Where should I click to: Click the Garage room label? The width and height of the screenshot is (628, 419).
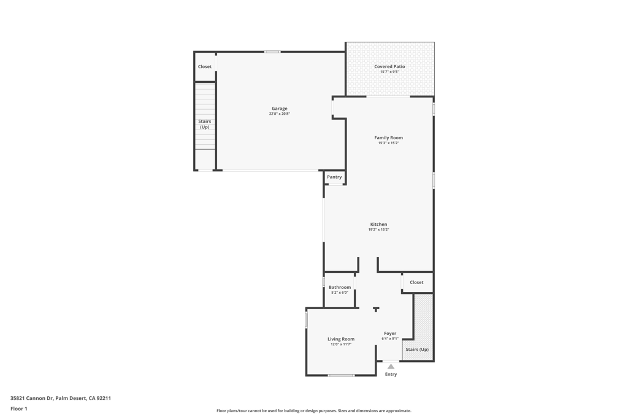pyautogui.click(x=280, y=109)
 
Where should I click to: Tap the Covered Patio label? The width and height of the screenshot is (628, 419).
pyautogui.click(x=389, y=66)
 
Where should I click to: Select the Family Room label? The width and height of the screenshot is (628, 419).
pyautogui.click(x=388, y=138)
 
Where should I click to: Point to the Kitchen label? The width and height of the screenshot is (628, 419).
pyautogui.click(x=378, y=225)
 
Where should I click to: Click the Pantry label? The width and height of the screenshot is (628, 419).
pyautogui.click(x=334, y=177)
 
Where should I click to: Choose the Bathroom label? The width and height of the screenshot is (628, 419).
pyautogui.click(x=340, y=287)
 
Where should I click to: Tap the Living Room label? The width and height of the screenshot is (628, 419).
pyautogui.click(x=341, y=339)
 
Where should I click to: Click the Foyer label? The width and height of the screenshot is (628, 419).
pyautogui.click(x=390, y=333)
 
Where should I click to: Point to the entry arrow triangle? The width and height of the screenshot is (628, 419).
pyautogui.click(x=391, y=366)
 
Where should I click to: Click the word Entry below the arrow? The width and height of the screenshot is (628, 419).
pyautogui.click(x=391, y=374)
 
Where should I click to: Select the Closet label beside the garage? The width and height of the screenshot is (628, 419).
pyautogui.click(x=205, y=66)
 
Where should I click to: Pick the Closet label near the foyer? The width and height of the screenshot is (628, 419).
pyautogui.click(x=416, y=282)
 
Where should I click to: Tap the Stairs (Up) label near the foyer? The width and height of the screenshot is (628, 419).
pyautogui.click(x=417, y=349)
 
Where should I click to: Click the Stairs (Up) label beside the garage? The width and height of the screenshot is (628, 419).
pyautogui.click(x=205, y=124)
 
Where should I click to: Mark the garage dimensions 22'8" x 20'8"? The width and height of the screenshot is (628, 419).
pyautogui.click(x=280, y=113)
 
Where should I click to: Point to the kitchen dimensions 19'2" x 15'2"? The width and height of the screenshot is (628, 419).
pyautogui.click(x=378, y=229)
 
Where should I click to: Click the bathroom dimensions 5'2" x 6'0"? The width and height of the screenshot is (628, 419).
pyautogui.click(x=340, y=293)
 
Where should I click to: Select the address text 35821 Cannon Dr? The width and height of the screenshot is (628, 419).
pyautogui.click(x=32, y=398)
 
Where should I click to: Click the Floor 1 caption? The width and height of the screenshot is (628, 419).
pyautogui.click(x=19, y=409)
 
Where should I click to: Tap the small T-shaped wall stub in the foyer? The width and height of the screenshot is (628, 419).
pyautogui.click(x=376, y=309)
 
